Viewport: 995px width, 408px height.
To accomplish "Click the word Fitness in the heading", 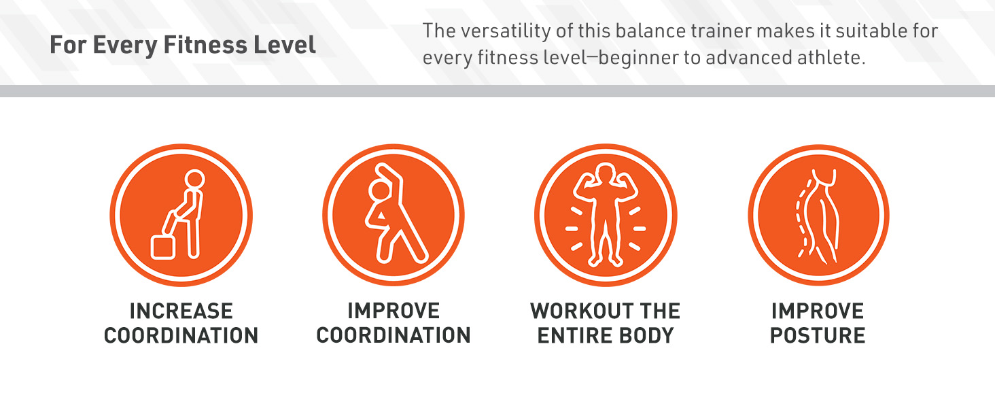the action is (x=205, y=46).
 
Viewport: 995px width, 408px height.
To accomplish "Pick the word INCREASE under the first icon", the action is (x=181, y=311).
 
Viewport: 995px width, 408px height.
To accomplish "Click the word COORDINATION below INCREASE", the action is (x=181, y=335).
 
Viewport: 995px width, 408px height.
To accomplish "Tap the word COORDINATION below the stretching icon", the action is (x=393, y=335).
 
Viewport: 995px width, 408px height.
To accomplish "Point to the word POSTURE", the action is (x=818, y=335).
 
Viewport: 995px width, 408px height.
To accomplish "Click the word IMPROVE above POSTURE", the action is (x=818, y=311).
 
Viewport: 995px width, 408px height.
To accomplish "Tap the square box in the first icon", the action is (x=163, y=247).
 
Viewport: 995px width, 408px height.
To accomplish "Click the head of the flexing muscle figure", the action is (x=606, y=172).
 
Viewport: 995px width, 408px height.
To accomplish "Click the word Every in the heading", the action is (x=125, y=46).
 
